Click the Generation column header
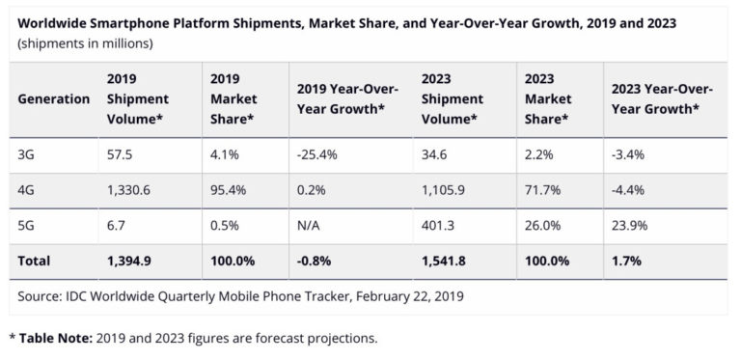(x=54, y=98)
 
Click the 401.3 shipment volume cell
(x=439, y=228)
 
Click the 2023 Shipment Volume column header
(x=453, y=98)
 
